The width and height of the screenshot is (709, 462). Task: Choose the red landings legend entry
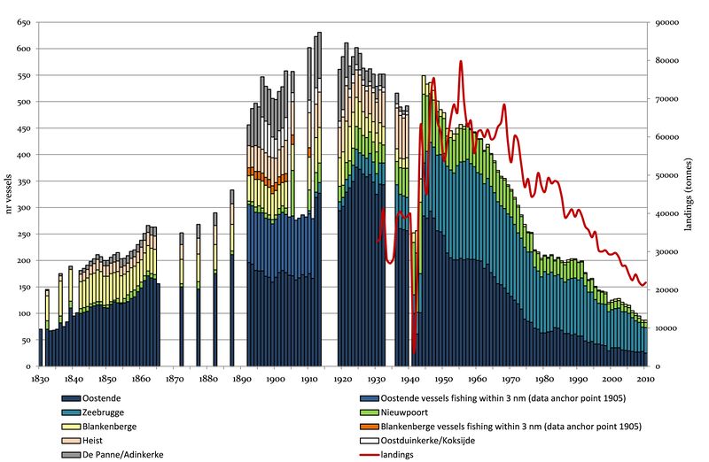[391, 454]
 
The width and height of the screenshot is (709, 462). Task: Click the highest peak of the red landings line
[461, 61]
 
